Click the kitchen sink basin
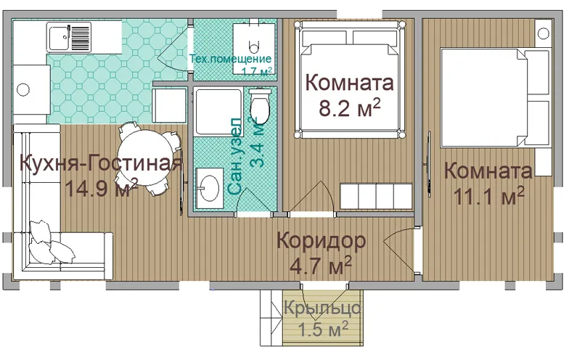pos(58,37)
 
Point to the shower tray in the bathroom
pos(218,111)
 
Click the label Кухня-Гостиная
pos(101,163)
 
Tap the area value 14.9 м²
pos(101,188)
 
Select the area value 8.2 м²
pos(349,107)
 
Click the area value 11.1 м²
pos(489,196)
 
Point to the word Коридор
pos(322,241)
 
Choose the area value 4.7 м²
pos(321,265)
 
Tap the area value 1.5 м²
pos(323,329)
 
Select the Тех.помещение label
pos(230,59)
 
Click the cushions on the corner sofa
pos(51,243)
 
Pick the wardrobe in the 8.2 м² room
pos(376,196)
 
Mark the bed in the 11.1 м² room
pos(496,97)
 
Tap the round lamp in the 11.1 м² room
pos(543,33)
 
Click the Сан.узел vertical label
pos(234,156)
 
